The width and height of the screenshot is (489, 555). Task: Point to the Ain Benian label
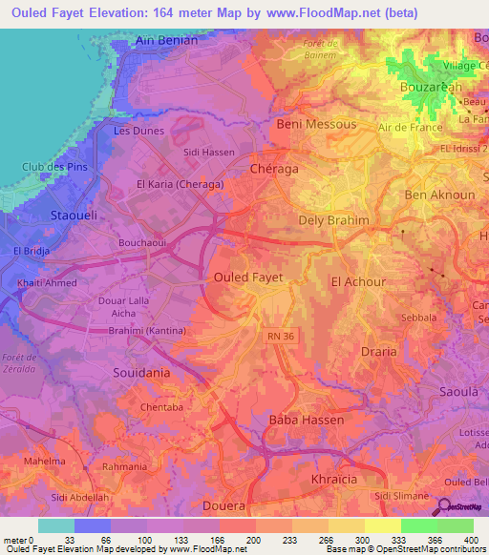coord(166,41)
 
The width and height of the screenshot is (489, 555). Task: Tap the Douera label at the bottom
coord(224,504)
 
